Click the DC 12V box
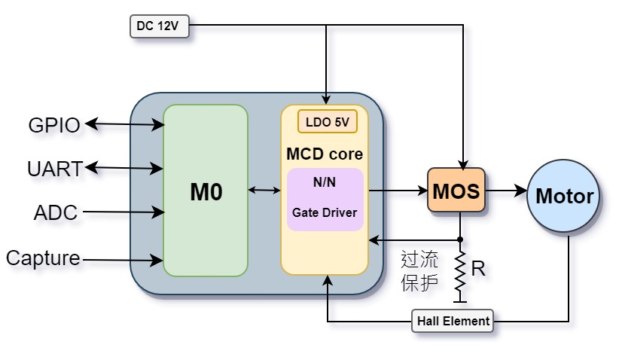coord(157,26)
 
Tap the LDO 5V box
coord(327,121)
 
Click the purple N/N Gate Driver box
coord(325,199)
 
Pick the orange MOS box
coord(456,191)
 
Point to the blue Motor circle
coord(564,197)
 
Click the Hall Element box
coord(453,321)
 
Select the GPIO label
coord(54,125)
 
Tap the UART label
coord(54,169)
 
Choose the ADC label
coord(56,213)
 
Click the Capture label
coord(43,258)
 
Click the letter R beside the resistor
coord(477,269)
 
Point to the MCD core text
coord(325,154)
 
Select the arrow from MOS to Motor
coord(505,191)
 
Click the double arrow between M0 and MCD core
coord(264,191)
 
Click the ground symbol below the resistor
coord(460,302)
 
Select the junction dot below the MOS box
coord(460,239)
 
